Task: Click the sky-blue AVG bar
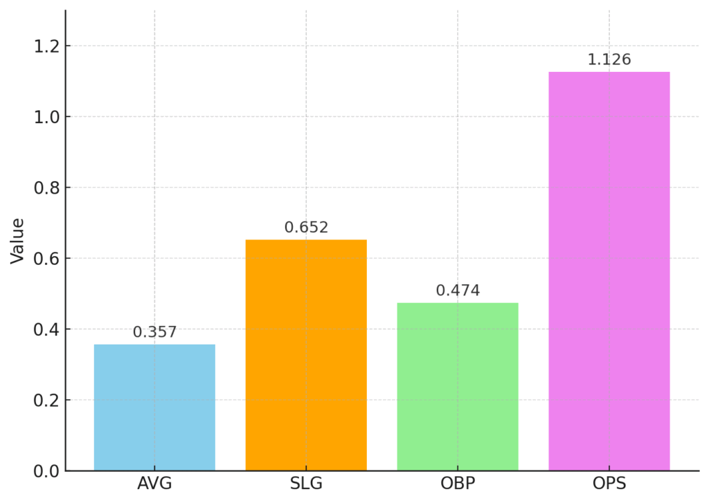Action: click(154, 408)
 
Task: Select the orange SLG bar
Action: click(306, 355)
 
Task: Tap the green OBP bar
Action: click(458, 386)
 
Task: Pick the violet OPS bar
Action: click(609, 271)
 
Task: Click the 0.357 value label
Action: click(154, 332)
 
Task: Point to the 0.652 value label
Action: click(306, 228)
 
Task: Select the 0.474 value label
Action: click(458, 290)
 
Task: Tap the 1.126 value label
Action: click(609, 60)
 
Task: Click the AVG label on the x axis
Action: click(154, 484)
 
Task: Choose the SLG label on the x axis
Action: click(306, 484)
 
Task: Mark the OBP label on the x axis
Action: click(458, 484)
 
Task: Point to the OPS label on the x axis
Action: click(609, 484)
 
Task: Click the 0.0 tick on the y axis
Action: click(46, 471)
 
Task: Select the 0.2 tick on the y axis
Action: click(46, 401)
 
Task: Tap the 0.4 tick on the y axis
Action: click(46, 329)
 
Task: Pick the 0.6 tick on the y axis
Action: click(46, 259)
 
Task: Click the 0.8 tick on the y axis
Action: click(46, 188)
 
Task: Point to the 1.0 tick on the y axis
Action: click(46, 117)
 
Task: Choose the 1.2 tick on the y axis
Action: click(46, 46)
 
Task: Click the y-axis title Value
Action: click(17, 240)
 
